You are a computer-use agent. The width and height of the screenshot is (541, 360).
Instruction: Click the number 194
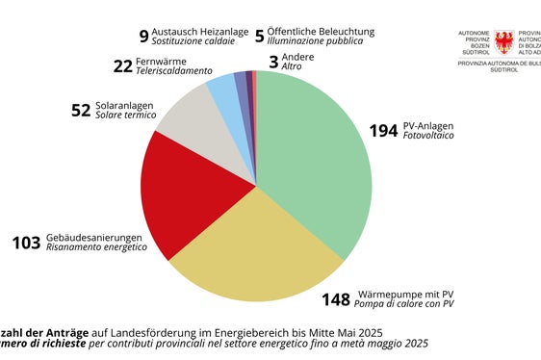pos(383,131)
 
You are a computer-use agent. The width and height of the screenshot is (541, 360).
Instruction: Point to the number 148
pos(337,298)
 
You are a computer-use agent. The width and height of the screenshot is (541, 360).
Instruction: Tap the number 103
pos(26,243)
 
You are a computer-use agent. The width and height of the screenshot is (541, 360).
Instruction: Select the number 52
pos(81,111)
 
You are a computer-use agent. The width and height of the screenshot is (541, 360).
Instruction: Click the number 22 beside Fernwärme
pos(122,66)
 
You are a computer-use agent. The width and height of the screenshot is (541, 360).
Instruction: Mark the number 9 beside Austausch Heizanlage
pos(143,37)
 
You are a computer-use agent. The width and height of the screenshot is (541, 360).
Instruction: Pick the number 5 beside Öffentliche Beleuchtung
pos(259,37)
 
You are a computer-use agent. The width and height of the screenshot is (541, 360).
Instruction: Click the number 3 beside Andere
pos(273,62)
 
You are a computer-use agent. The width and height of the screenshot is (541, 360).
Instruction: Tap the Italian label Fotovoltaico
pos(429,136)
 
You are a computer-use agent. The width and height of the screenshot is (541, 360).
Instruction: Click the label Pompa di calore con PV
pos(405,304)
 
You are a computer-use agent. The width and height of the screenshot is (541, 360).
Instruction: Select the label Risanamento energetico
pos(96,247)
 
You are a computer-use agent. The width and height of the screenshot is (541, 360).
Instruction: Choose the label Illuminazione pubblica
pos(317,41)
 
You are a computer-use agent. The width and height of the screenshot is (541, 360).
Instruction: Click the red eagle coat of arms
pos(503,42)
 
